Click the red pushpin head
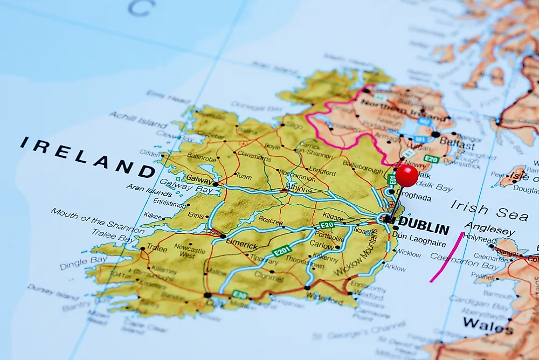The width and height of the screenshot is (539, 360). pyautogui.click(x=406, y=176)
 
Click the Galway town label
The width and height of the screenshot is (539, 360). pyautogui.click(x=197, y=178)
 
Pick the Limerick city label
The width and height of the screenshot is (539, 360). pyautogui.click(x=242, y=244)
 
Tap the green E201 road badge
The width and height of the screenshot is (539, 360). pyautogui.click(x=282, y=251)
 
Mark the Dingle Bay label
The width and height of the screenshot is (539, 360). pyautogui.click(x=83, y=262)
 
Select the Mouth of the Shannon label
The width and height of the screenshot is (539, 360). pyautogui.click(x=98, y=221)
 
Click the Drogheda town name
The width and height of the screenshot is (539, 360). pyautogui.click(x=413, y=197)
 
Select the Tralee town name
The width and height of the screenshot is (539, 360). pyautogui.click(x=157, y=248)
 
